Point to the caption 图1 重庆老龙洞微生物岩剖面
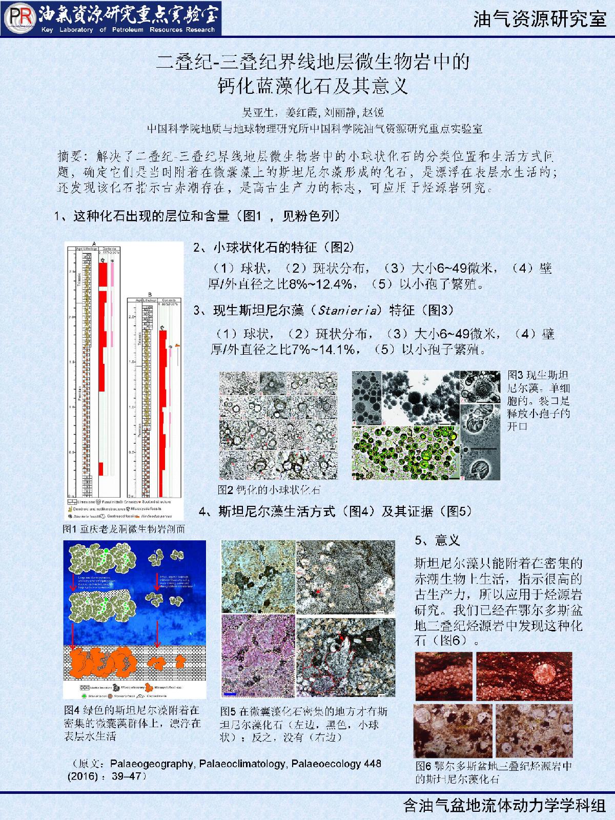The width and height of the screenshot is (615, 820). [x=123, y=528]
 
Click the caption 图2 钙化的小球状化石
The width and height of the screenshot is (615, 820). [x=269, y=489]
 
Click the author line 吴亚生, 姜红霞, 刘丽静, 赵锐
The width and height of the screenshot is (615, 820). [x=313, y=112]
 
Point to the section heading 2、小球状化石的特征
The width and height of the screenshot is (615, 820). [x=274, y=248]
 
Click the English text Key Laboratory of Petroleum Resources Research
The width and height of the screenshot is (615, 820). [x=128, y=30]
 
